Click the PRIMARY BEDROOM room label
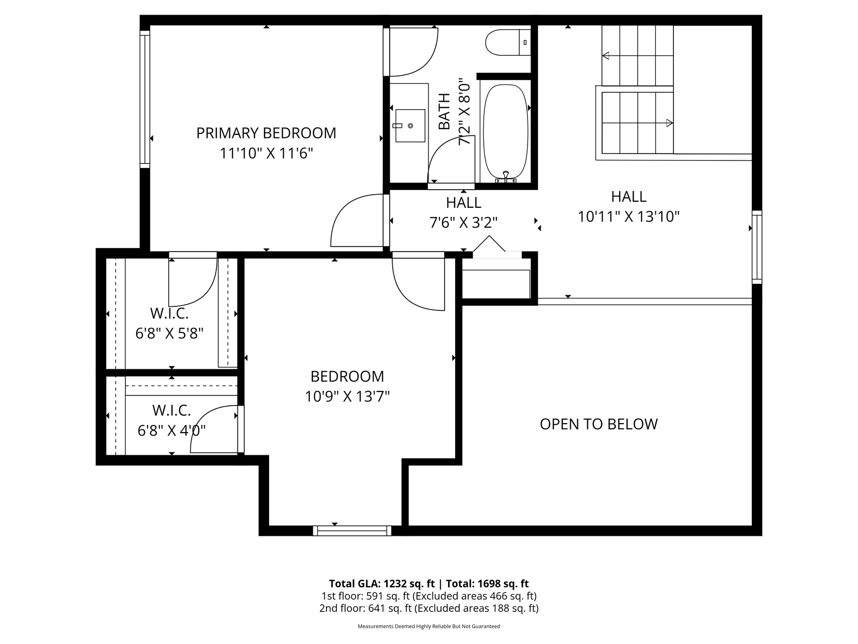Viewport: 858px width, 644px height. pyautogui.click(x=266, y=133)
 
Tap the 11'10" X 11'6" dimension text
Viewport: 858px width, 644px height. pyautogui.click(x=266, y=153)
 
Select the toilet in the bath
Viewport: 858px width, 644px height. pyautogui.click(x=508, y=42)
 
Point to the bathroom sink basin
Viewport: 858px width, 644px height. pyautogui.click(x=410, y=126)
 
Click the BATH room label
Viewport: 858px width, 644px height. pyautogui.click(x=444, y=111)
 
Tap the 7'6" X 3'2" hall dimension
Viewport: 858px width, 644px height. pyautogui.click(x=463, y=222)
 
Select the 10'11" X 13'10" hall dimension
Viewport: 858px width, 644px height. pyautogui.click(x=629, y=217)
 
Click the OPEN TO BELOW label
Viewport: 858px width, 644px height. pyautogui.click(x=598, y=424)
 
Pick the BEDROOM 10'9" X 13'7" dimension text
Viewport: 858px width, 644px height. pyautogui.click(x=347, y=397)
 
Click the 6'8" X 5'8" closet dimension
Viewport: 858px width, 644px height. pyautogui.click(x=169, y=333)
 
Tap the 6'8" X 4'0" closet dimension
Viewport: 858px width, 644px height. pyautogui.click(x=171, y=431)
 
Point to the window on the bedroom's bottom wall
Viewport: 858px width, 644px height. pyautogui.click(x=352, y=530)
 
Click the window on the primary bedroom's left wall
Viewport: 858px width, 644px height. pyautogui.click(x=145, y=99)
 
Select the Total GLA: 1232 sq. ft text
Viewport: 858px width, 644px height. pyautogui.click(x=382, y=584)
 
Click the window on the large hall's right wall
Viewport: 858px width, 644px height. pyautogui.click(x=757, y=247)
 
